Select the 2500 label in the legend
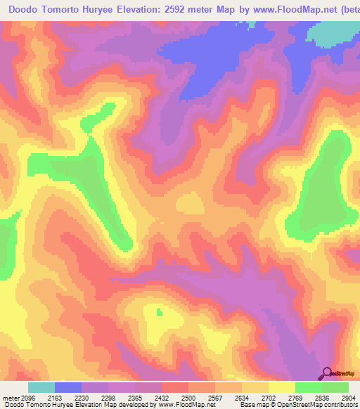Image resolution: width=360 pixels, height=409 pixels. [x=189, y=398]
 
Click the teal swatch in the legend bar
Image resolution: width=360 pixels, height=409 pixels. [x=41, y=387]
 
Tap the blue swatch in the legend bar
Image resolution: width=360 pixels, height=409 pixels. [x=68, y=387]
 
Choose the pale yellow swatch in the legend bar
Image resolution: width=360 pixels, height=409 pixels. [x=282, y=387]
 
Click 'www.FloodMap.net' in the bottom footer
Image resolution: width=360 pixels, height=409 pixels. [x=186, y=405]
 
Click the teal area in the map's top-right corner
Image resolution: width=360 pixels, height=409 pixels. [x=337, y=32]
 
